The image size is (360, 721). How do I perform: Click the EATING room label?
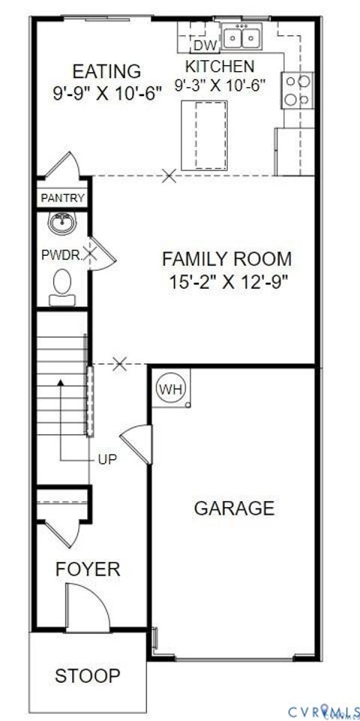pos(106,72)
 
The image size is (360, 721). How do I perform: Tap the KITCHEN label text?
pos(220,67)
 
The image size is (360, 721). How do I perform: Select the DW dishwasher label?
pos(209,47)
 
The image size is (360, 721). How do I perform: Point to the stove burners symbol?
pos(297,90)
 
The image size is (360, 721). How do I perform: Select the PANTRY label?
pos(62,199)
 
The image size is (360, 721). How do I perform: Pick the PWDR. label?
pos(61,254)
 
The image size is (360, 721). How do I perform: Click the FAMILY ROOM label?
pos(227,260)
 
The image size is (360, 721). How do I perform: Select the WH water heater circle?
pos(168,389)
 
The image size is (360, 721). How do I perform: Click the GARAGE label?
pos(234,508)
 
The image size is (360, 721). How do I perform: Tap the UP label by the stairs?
pos(107,459)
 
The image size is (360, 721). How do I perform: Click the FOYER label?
pos(88,569)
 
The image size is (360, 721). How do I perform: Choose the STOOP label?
pos(87,675)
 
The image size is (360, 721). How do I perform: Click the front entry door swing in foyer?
pos(85,607)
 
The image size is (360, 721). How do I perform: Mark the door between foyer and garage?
pos(136,443)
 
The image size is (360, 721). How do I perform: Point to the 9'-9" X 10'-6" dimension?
pos(106,95)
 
